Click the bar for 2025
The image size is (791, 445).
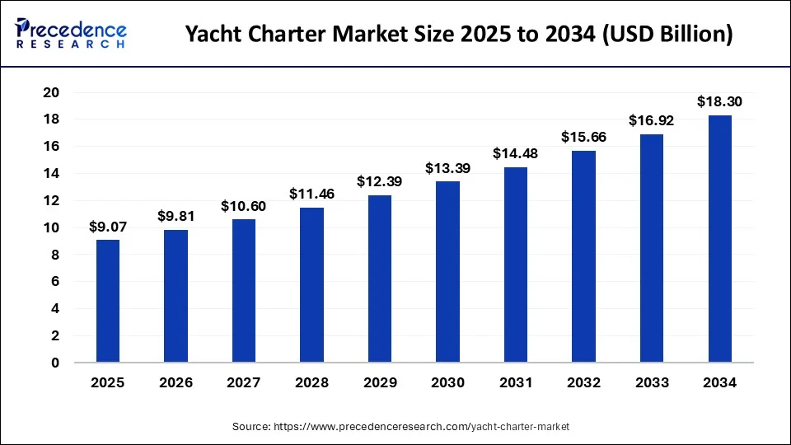coord(108,301)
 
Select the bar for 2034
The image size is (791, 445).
coord(719,239)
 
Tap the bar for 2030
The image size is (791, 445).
coord(447,272)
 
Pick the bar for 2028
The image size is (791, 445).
coord(311,285)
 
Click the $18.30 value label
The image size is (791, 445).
coord(719,101)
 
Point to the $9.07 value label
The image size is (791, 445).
coord(108,227)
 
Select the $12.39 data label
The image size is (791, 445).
coord(380,181)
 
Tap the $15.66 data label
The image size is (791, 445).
coord(583,137)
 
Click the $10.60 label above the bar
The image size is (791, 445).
coord(244,205)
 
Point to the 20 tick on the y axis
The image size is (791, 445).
coord(50,92)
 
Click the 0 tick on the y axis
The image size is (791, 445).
coord(55,363)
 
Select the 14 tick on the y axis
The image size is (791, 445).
coord(50,174)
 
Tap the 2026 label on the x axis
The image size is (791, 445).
coord(176,383)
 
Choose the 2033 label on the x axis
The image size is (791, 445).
coord(652,383)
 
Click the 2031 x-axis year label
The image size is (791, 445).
coord(516,383)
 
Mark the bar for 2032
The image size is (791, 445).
coord(583,256)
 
